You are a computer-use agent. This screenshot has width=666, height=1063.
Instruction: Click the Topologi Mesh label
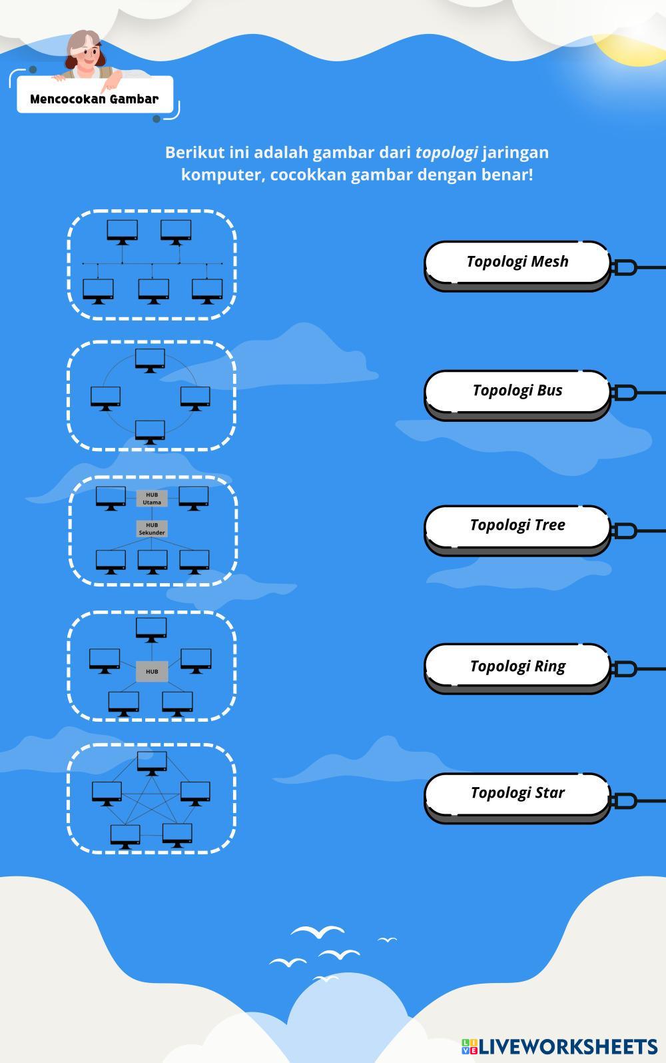(517, 261)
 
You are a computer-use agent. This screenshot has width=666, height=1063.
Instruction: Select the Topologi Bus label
(517, 391)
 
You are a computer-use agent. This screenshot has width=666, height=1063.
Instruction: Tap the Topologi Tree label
(517, 525)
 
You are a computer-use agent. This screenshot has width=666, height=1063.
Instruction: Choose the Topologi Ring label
(517, 666)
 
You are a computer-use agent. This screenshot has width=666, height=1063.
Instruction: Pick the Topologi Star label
(517, 793)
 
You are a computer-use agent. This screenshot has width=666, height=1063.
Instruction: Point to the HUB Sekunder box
(152, 529)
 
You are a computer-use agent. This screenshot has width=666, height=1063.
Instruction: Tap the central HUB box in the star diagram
(152, 671)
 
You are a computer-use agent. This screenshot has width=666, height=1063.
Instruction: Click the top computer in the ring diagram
(150, 359)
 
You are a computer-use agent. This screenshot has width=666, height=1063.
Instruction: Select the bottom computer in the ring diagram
(150, 431)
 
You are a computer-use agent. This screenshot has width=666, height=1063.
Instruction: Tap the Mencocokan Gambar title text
(95, 99)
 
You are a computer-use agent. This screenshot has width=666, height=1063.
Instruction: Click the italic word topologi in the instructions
(446, 153)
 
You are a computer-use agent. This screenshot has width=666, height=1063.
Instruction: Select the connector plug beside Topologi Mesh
(624, 268)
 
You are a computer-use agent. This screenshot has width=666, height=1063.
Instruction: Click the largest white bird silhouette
(318, 932)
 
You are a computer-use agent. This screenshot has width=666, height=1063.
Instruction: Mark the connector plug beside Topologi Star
(624, 800)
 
